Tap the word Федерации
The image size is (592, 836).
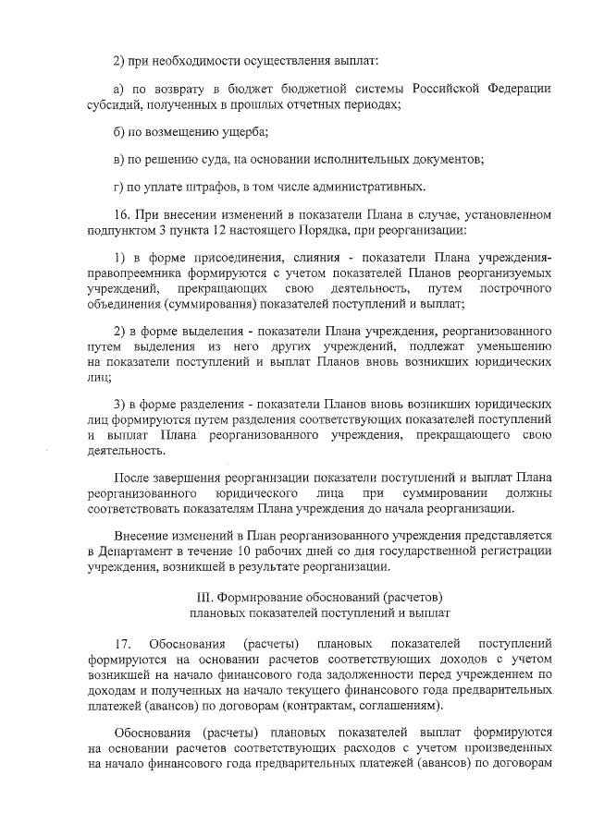[x=515, y=88]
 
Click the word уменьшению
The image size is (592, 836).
[x=513, y=346]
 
